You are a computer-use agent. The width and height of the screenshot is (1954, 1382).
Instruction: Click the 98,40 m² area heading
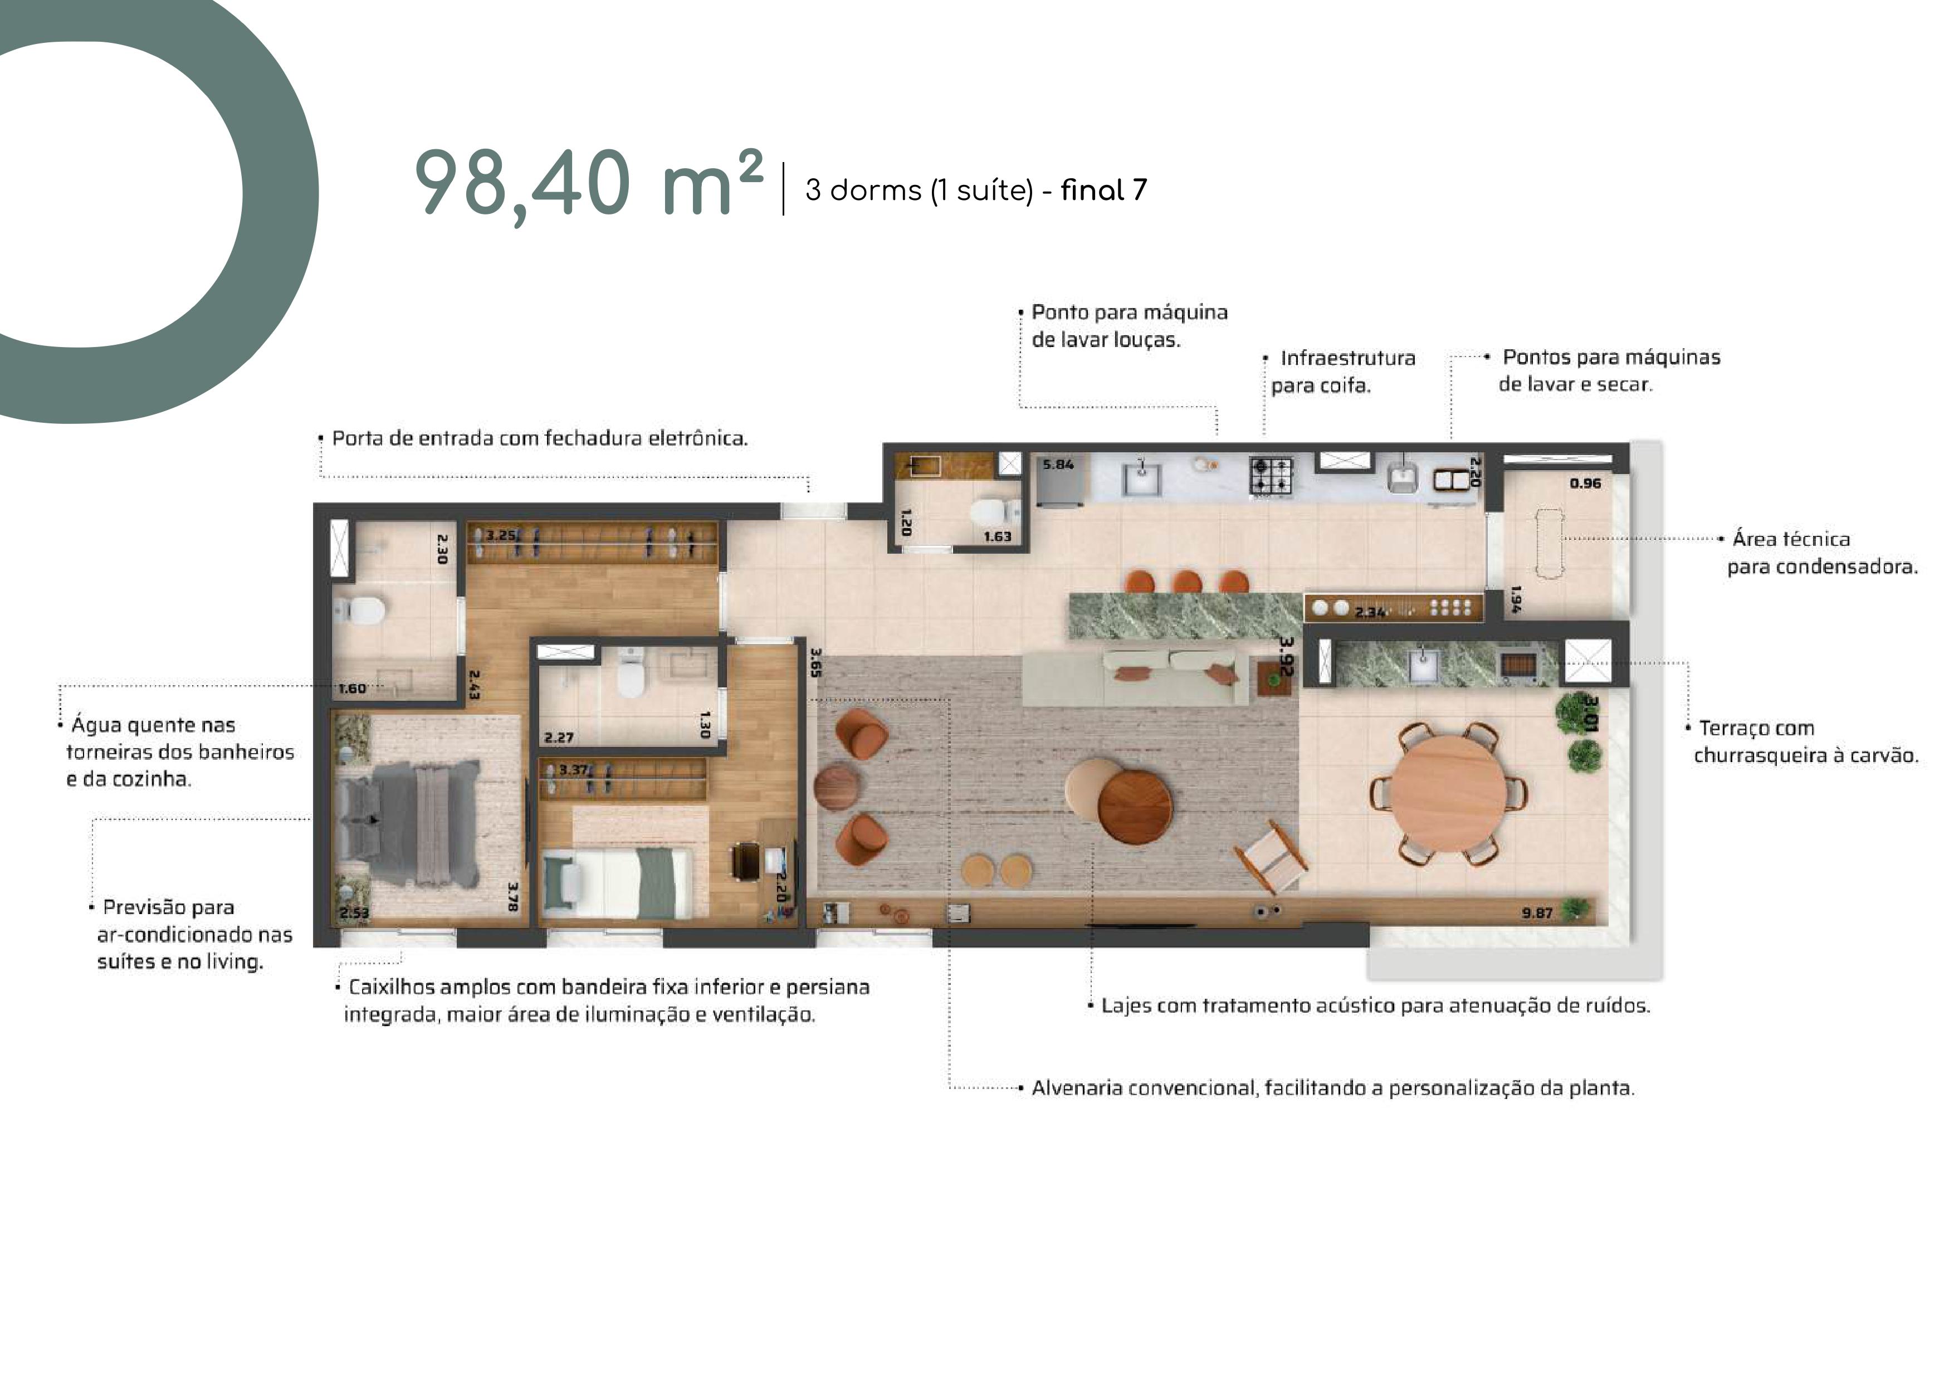588,184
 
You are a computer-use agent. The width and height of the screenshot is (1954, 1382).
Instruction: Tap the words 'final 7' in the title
1104,190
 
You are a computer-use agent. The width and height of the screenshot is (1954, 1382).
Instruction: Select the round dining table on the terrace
1448,793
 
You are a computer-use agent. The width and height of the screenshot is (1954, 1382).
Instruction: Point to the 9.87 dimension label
1537,913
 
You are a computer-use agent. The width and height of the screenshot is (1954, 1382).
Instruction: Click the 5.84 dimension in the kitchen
1058,465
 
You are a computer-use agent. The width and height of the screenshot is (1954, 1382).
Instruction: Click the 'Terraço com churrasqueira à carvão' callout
1806,741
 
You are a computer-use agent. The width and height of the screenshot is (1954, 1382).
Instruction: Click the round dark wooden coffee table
1135,807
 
